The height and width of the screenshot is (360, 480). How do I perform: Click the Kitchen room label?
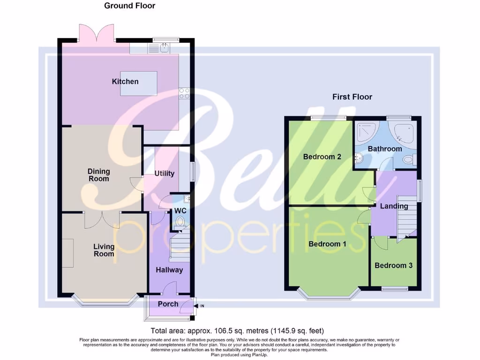coord(125,82)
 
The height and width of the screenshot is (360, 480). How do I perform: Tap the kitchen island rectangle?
coord(139,83)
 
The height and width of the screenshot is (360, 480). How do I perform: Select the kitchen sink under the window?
coord(159,47)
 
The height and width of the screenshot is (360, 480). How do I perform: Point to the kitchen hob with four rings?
coord(184,94)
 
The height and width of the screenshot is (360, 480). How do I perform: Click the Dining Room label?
coord(98,175)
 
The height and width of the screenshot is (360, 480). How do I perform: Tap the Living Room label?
coord(104,250)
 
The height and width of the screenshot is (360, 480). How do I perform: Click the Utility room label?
coord(165,173)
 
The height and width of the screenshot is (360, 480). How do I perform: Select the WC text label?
coord(180,211)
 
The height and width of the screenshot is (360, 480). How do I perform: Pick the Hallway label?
coord(169,270)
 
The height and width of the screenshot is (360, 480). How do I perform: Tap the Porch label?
coord(168,304)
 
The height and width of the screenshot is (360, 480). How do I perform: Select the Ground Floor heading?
coord(129,6)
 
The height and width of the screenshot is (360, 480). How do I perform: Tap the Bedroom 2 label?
coord(322,157)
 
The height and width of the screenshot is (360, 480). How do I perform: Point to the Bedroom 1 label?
coord(327,244)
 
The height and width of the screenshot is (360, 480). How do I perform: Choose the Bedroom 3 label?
coord(393,265)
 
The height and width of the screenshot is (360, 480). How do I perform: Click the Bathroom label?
coord(385,149)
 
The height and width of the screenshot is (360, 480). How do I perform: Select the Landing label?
coord(394,206)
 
